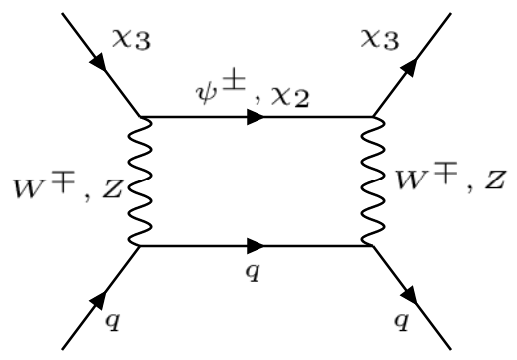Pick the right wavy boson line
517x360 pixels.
pyautogui.click(x=376, y=180)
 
